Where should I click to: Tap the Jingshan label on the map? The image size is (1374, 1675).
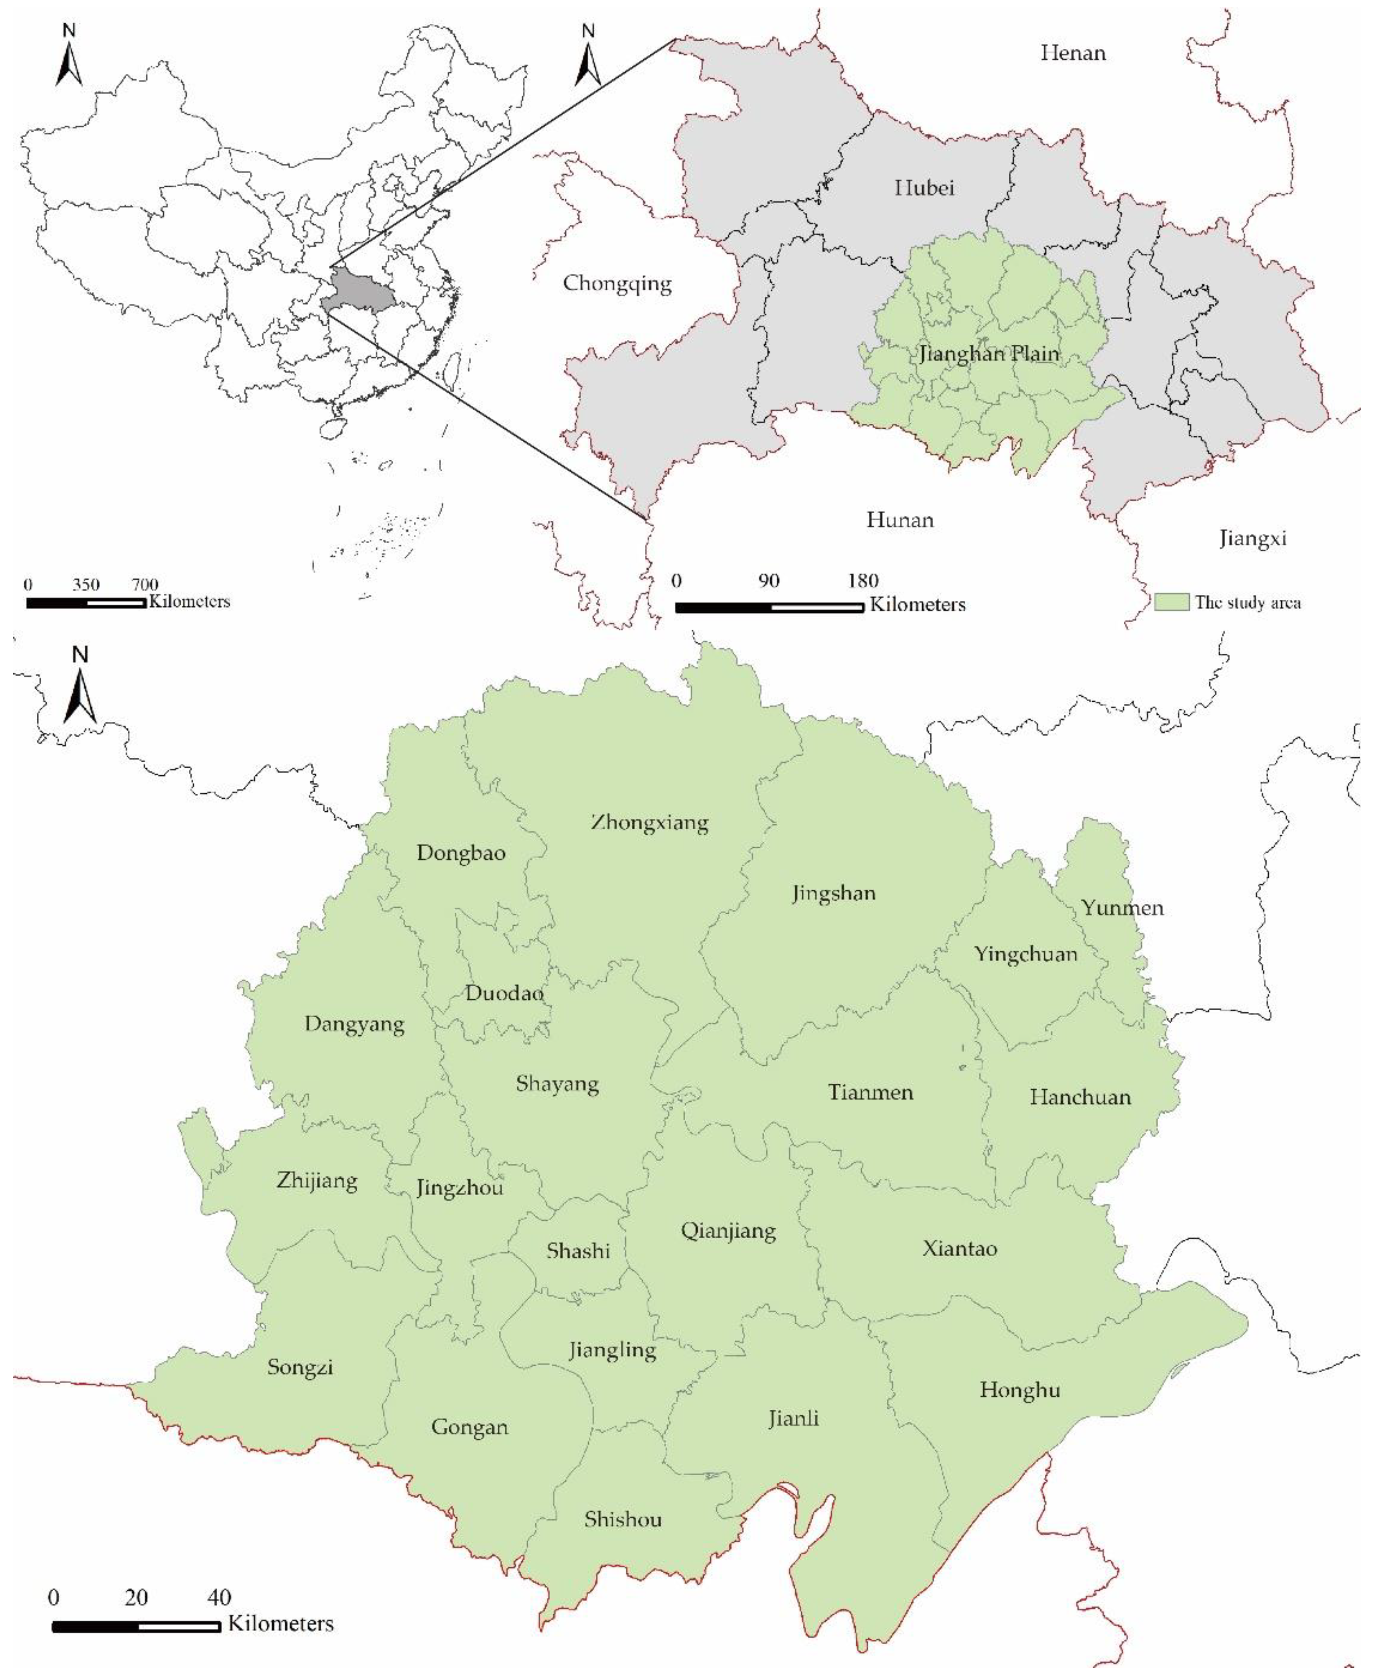pos(834,894)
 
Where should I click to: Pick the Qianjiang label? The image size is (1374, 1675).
pos(728,1231)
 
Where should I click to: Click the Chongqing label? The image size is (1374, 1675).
pos(617,283)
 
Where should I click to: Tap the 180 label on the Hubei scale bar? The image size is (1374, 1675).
pos(863,580)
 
